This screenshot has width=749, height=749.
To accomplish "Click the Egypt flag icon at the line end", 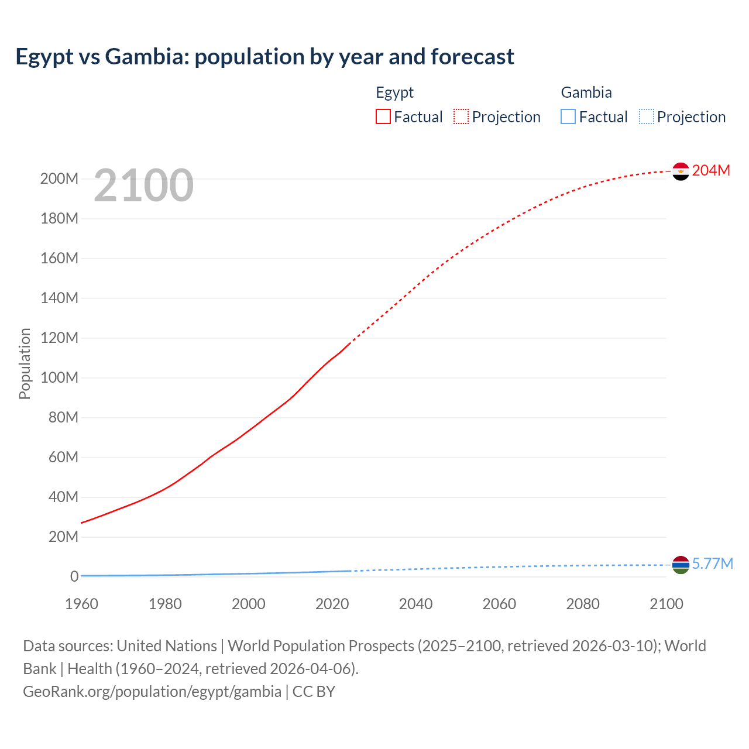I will point(681,171).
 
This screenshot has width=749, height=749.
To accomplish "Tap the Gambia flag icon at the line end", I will point(681,565).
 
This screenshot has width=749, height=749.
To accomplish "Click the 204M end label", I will point(711,170).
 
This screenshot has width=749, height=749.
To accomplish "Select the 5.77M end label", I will point(712,564).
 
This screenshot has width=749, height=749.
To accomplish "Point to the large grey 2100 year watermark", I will point(143,185).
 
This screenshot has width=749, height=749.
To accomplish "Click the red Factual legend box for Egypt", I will point(383,116).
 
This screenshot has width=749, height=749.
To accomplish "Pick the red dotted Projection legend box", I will point(461,116).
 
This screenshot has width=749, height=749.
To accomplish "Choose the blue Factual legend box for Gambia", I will point(568,116).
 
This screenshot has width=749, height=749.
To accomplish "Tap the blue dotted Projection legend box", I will point(646,116).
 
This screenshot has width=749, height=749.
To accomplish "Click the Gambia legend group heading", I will point(586,92).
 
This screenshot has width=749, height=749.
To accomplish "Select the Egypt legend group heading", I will point(395,92).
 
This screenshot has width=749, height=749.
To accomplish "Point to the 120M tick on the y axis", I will point(59,338).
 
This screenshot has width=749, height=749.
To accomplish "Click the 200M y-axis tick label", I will point(59,178).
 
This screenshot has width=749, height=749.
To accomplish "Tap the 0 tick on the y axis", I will point(74,576).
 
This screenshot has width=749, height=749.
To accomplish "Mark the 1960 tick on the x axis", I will point(81,604).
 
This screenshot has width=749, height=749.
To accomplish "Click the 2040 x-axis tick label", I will point(415,604).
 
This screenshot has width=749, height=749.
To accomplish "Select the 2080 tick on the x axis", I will point(583,604).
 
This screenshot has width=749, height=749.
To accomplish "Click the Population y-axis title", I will point(25,363).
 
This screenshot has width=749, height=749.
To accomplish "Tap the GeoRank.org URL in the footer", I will point(152,692).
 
